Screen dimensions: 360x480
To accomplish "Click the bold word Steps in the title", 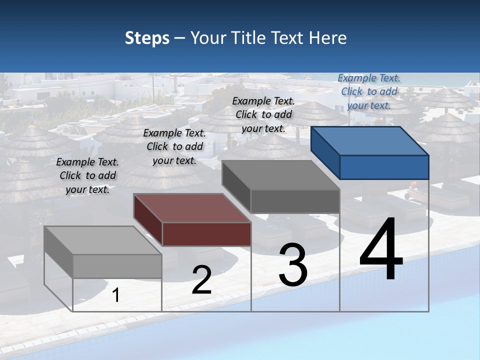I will pyautogui.click(x=147, y=38).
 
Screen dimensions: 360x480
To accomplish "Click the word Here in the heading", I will pyautogui.click(x=327, y=38).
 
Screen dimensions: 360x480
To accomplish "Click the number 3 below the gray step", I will pyautogui.click(x=293, y=265).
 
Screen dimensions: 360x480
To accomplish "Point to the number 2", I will pyautogui.click(x=201, y=280).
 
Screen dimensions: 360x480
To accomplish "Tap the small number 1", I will pyautogui.click(x=116, y=295).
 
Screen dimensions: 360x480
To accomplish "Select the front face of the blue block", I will pyautogui.click(x=384, y=167).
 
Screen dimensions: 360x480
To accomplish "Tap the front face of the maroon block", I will pyautogui.click(x=206, y=234).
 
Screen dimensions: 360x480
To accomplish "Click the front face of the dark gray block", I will pyautogui.click(x=295, y=201).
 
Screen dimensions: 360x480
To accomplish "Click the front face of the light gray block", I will pyautogui.click(x=117, y=266).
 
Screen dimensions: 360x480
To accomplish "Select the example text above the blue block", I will pyautogui.click(x=369, y=91).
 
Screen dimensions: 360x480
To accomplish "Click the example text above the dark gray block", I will pyautogui.click(x=263, y=114).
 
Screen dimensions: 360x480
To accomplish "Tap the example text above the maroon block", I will pyautogui.click(x=174, y=146).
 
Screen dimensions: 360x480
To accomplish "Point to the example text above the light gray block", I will pyautogui.click(x=87, y=175).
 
